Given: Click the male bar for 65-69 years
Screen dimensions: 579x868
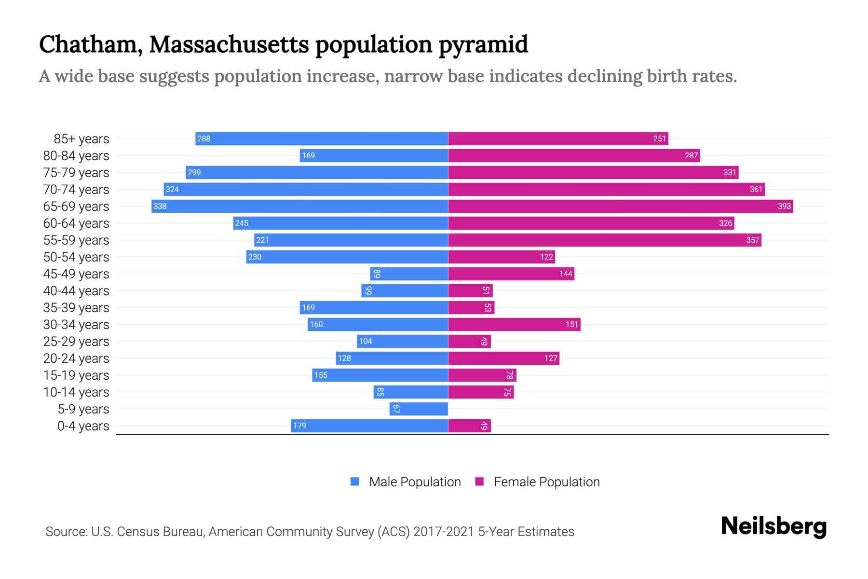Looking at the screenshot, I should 299,207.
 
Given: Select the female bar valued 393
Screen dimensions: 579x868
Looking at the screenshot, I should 620,207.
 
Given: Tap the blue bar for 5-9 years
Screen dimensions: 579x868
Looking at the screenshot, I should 419,409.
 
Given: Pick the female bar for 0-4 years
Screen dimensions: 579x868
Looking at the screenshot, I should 469,426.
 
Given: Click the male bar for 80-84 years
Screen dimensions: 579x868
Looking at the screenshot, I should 374,156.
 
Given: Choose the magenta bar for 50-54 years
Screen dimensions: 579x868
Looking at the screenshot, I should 502,257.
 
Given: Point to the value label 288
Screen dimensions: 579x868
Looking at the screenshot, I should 204,139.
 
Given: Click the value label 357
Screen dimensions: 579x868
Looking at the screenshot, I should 752,240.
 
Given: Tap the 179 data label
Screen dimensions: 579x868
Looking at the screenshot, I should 299,426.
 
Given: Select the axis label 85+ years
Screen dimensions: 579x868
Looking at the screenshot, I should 81,139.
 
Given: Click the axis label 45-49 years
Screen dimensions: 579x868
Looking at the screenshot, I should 76,274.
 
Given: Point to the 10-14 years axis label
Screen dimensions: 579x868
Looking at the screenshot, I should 76,392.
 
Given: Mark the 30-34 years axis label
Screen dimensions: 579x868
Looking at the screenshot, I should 76,325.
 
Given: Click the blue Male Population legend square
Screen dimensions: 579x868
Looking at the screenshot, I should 355,482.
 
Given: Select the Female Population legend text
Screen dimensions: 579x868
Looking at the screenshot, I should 546,482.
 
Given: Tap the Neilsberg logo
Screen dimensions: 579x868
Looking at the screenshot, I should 773,526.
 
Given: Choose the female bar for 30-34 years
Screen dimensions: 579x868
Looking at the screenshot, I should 514,325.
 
